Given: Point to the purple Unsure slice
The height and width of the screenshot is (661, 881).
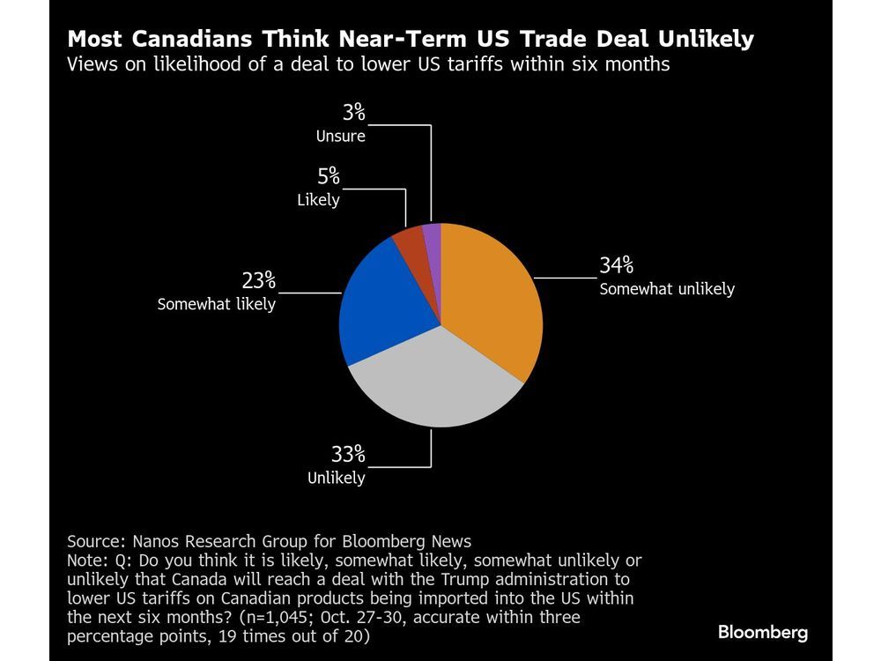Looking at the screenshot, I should point(432,235).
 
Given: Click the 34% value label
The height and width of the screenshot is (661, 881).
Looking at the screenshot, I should point(617,265).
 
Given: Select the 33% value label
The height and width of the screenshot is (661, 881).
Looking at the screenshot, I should point(348,455).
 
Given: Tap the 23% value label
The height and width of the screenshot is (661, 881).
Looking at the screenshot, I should point(259,282).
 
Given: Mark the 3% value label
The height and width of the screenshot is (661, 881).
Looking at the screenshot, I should point(353,114).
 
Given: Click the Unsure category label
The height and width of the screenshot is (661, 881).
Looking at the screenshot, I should point(341,136).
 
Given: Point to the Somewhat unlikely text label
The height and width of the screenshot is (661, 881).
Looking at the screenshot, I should point(667,288).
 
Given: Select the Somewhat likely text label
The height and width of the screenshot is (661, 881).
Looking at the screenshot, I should point(217,305).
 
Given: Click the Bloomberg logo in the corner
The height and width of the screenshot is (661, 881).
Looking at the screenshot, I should point(762,632).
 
